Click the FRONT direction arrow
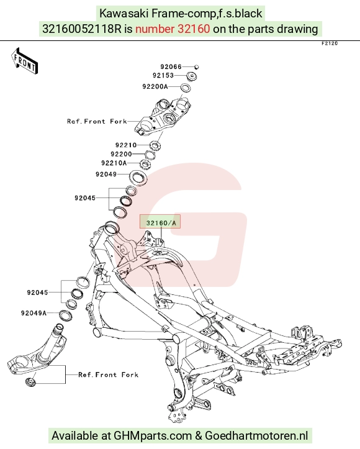(24, 61)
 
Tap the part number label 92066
(171, 66)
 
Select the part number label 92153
(163, 75)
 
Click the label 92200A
(155, 86)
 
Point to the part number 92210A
(114, 163)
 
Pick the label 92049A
(34, 313)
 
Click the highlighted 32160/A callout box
(160, 221)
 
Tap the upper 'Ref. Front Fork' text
(97, 122)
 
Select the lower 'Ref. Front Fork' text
(109, 375)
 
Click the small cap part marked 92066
(196, 66)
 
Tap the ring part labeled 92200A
(186, 87)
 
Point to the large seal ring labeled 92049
(139, 178)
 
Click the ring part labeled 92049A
(66, 315)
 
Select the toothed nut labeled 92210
(155, 146)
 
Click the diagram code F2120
(330, 43)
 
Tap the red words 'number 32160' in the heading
(173, 29)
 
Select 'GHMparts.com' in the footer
(153, 436)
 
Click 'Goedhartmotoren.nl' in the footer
(257, 436)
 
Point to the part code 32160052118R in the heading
(82, 29)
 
